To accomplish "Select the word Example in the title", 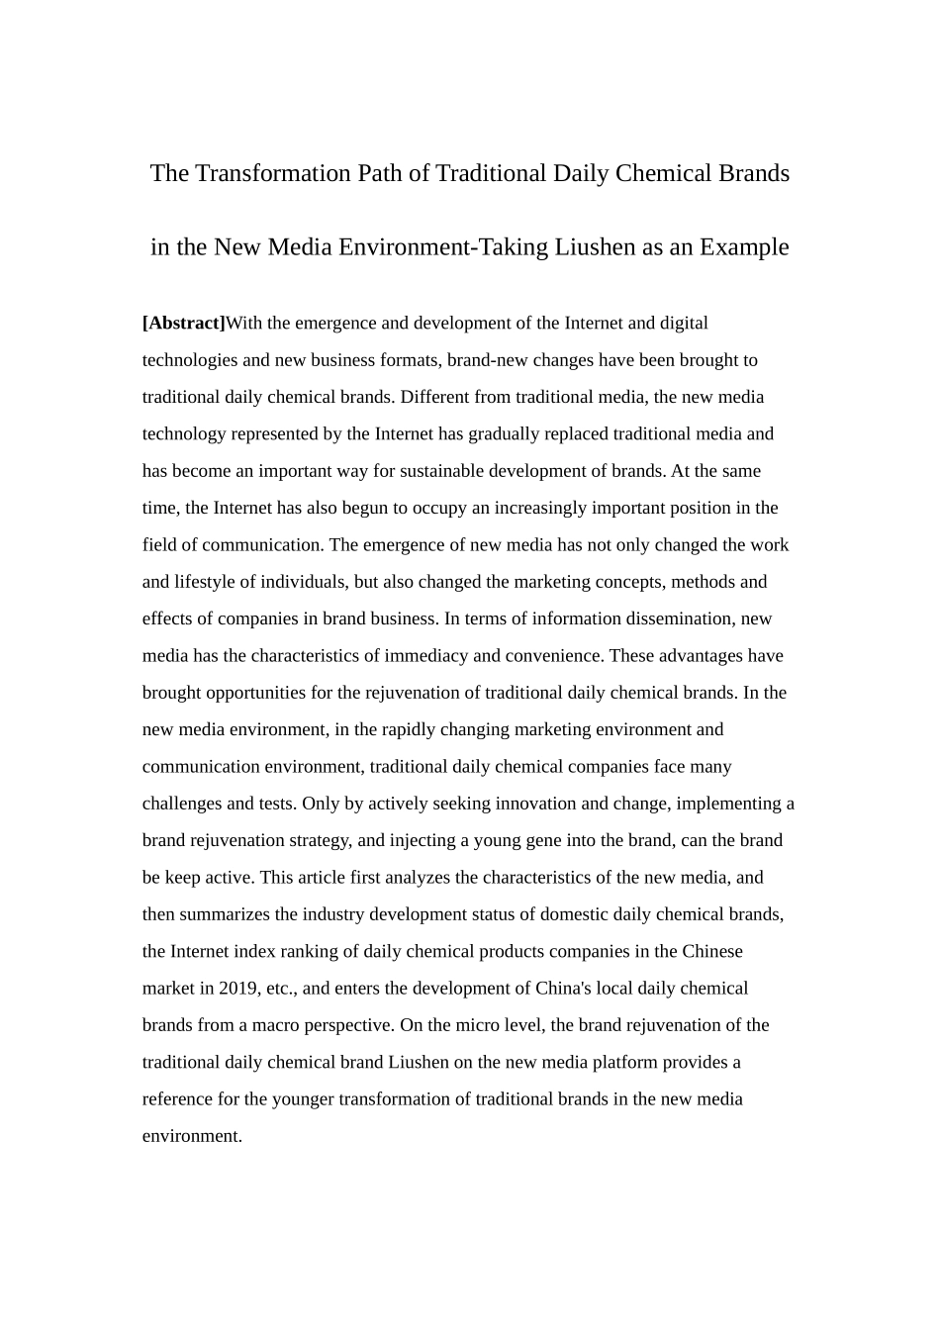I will tap(744, 246).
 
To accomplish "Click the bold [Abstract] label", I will tap(184, 323).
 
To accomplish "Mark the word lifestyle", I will tap(213, 582).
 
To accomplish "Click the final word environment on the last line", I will tap(192, 1136).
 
